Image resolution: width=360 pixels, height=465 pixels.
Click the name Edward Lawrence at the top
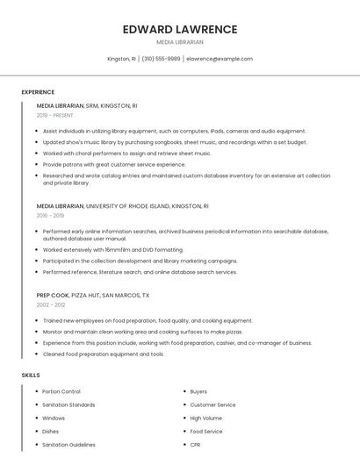click(x=180, y=29)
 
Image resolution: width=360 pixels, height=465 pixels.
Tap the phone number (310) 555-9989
click(x=161, y=59)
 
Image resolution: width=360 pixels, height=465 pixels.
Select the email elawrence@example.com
click(x=220, y=59)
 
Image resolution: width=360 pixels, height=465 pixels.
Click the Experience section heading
click(x=38, y=92)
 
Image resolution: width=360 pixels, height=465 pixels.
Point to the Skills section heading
click(x=31, y=376)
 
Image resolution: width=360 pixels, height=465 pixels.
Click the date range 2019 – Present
click(x=54, y=115)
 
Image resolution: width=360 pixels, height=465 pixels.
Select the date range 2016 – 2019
click(x=50, y=215)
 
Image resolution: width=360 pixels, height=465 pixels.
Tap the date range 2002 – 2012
click(x=50, y=304)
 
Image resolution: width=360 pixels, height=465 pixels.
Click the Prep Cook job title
click(x=53, y=296)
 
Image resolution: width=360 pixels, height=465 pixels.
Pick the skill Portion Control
click(x=61, y=391)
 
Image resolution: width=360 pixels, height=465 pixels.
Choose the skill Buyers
click(x=198, y=391)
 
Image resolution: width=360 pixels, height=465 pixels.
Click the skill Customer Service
click(x=212, y=404)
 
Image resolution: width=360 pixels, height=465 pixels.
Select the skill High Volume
click(x=207, y=418)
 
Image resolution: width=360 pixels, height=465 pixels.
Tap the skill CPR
click(x=195, y=445)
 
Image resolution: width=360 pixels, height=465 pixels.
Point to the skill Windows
click(x=54, y=418)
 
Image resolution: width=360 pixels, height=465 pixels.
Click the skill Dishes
click(x=51, y=432)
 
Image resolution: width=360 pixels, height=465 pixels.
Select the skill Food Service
click(x=206, y=432)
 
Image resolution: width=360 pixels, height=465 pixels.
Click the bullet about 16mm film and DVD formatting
click(x=113, y=249)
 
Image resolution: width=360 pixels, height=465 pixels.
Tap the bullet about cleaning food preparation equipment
click(x=104, y=354)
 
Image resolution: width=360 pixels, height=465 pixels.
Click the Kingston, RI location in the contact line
click(x=121, y=59)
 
